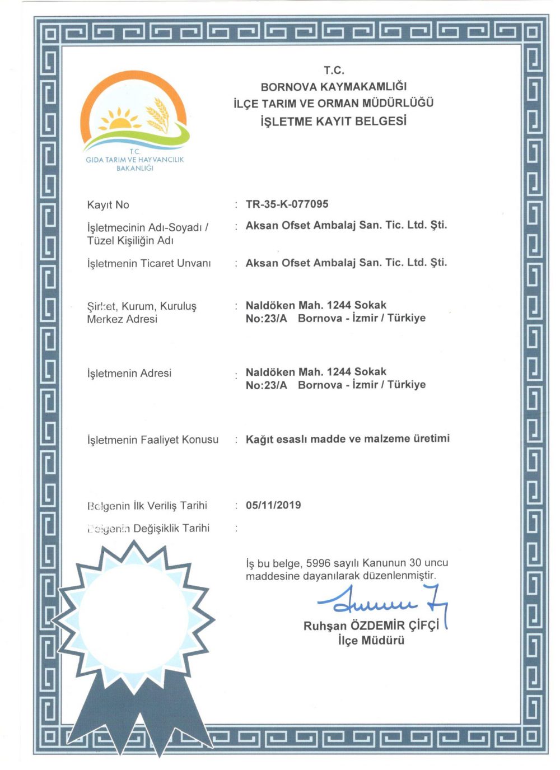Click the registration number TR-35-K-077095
pyautogui.click(x=287, y=204)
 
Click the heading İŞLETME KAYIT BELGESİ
pyautogui.click(x=334, y=121)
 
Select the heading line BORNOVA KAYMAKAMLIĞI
pyautogui.click(x=334, y=87)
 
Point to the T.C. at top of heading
pyautogui.click(x=334, y=71)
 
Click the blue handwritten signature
pyautogui.click(x=381, y=602)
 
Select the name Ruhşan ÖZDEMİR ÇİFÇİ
pyautogui.click(x=371, y=626)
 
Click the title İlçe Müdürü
pyautogui.click(x=371, y=641)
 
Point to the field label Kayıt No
pyautogui.click(x=108, y=205)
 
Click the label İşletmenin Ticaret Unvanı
pyautogui.click(x=149, y=263)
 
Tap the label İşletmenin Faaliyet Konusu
pyautogui.click(x=152, y=440)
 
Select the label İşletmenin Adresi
pyautogui.click(x=129, y=374)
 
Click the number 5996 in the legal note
pyautogui.click(x=318, y=563)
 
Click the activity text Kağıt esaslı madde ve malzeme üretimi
pyautogui.click(x=347, y=439)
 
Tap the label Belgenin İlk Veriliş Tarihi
pyautogui.click(x=147, y=506)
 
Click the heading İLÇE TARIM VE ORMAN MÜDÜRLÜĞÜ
pyautogui.click(x=334, y=104)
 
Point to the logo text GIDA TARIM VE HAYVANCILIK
pyautogui.click(x=134, y=160)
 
